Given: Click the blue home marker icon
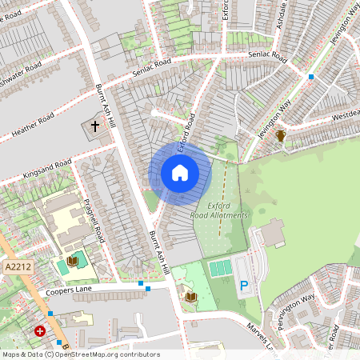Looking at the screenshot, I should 180,173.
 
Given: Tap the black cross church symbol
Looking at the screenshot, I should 95,126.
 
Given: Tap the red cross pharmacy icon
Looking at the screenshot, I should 40,330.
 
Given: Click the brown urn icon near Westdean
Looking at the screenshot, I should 281,137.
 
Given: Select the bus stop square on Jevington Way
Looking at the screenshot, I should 311,77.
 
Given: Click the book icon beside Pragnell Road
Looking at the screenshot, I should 73,261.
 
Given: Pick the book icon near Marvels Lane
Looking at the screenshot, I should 190,298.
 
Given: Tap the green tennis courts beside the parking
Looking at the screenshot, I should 221,268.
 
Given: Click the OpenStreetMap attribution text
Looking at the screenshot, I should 80,354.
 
